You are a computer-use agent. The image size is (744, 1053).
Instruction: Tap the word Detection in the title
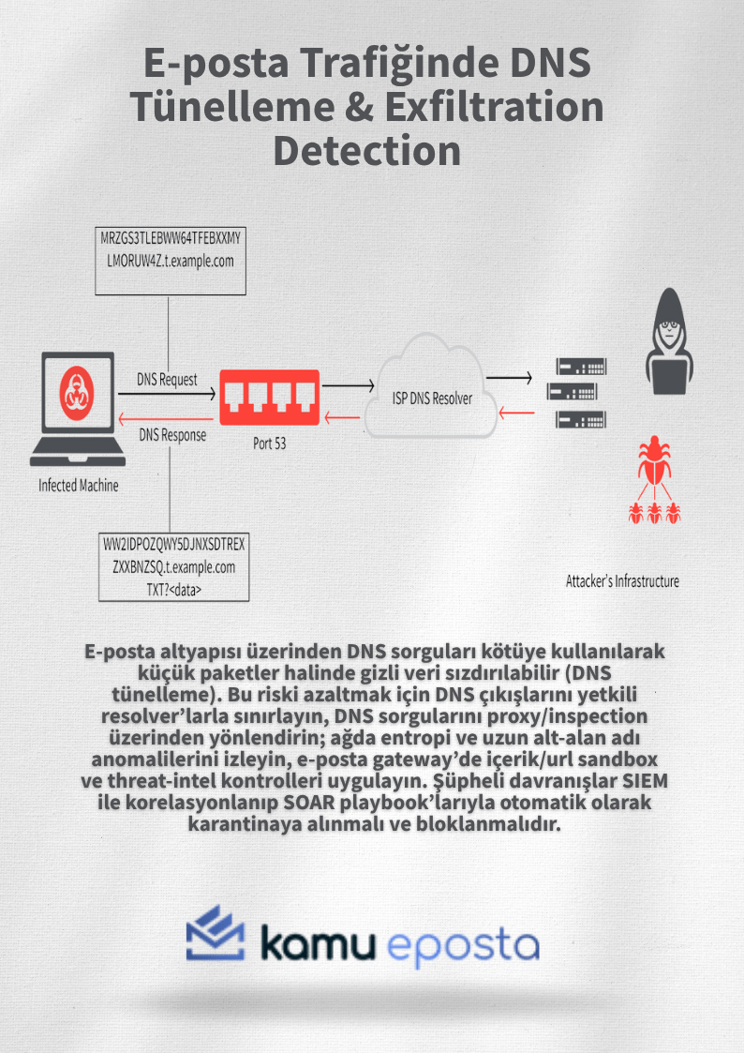click(366, 150)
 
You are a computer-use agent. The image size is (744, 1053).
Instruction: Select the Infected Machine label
click(79, 486)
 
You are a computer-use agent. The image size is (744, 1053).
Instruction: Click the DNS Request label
click(167, 380)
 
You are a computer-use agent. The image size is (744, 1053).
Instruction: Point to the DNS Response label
click(172, 435)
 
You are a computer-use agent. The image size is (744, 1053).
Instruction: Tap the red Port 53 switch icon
click(269, 397)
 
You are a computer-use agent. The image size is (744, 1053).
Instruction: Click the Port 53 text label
click(269, 444)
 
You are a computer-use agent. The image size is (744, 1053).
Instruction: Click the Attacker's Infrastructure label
click(622, 581)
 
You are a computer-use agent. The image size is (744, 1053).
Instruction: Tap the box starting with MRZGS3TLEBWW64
click(170, 249)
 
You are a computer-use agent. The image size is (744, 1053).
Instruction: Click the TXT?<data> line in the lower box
click(173, 588)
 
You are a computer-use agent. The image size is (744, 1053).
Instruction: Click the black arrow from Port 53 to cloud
click(343, 384)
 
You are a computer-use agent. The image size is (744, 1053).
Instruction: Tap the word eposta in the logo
click(463, 944)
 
